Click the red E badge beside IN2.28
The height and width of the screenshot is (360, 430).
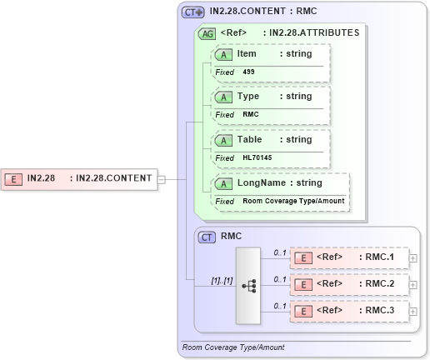pos(14,178)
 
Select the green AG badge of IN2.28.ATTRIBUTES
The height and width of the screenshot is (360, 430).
pos(206,33)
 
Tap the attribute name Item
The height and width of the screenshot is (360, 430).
pos(247,53)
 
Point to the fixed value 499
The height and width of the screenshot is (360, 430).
pos(249,72)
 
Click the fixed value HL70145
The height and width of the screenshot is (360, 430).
pos(257,157)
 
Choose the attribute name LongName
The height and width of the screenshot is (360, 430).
pos(262,182)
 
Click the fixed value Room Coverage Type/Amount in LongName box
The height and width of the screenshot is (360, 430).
pos(293,201)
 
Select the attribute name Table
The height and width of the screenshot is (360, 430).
pos(251,139)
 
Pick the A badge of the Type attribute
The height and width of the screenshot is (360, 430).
pos(223,97)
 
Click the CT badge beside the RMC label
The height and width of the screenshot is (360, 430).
pos(207,237)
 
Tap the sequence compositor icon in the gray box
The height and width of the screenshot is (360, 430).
pos(248,285)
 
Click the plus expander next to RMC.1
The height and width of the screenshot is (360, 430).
pos(413,258)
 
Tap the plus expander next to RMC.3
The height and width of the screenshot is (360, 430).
pos(413,312)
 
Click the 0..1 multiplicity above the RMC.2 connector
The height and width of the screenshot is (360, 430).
pos(280,278)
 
